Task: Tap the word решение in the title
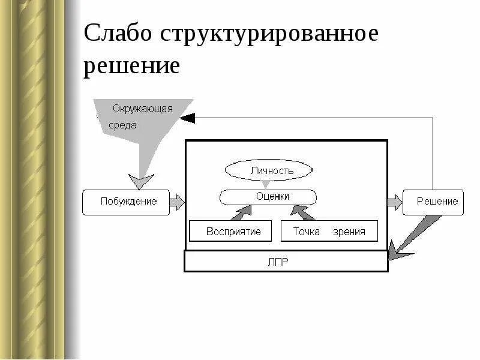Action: click(x=131, y=67)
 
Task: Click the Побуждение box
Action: click(x=126, y=202)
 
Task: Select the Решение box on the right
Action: click(x=433, y=202)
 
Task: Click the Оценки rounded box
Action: click(x=269, y=197)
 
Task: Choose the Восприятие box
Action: click(x=231, y=231)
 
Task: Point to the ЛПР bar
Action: click(x=286, y=261)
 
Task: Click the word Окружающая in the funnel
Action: click(x=143, y=109)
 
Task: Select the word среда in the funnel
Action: click(x=123, y=125)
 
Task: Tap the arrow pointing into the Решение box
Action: click(x=395, y=202)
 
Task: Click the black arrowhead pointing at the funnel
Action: click(x=187, y=118)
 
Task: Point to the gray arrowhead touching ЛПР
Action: click(x=397, y=252)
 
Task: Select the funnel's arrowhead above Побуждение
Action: click(x=142, y=181)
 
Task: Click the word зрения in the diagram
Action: click(x=350, y=232)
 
